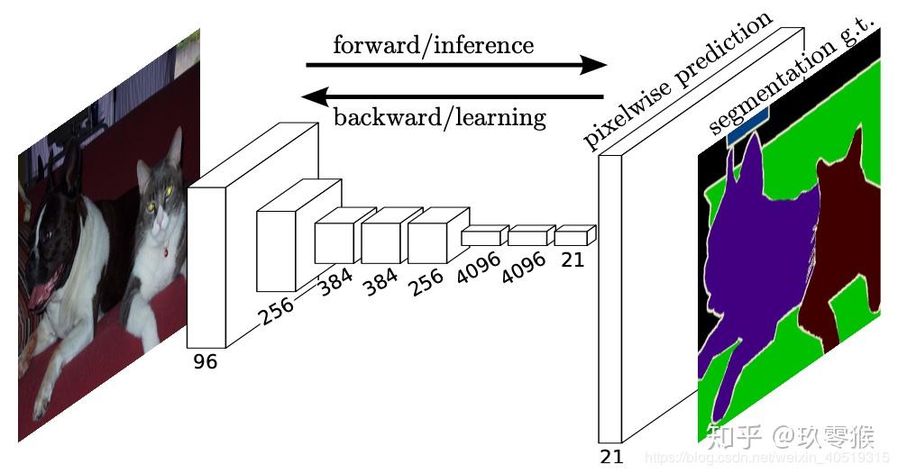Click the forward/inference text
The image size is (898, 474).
pos(433,44)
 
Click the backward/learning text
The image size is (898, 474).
pos(439,117)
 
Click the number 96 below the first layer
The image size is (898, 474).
pos(205,361)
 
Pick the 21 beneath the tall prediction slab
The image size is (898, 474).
pos(611,456)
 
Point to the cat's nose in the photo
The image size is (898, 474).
pos(160,217)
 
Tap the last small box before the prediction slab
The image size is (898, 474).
pos(573,237)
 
